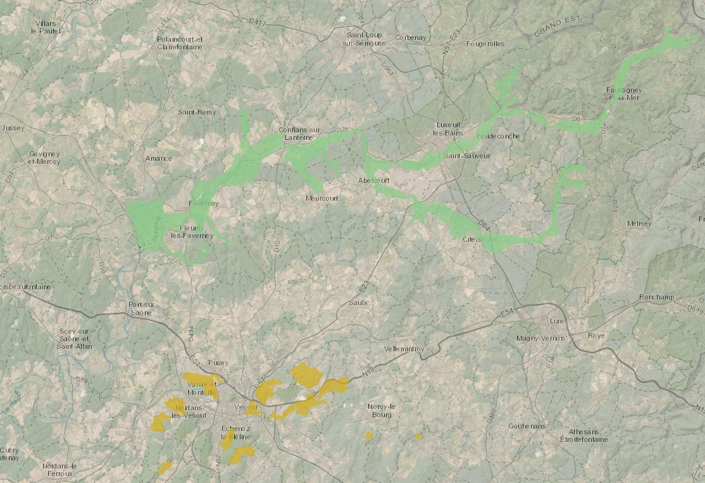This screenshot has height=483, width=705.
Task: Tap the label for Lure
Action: (558, 322)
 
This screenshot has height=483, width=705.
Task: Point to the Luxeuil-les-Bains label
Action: (449, 129)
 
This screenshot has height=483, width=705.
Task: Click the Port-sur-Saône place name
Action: (145, 308)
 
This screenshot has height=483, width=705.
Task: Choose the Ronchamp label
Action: (656, 297)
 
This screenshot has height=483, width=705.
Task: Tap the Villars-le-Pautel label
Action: (47, 27)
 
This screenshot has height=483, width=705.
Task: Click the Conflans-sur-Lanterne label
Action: (300, 134)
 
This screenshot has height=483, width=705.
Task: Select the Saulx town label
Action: (358, 303)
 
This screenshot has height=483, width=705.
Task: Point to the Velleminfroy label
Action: (404, 349)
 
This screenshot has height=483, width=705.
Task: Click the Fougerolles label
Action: (485, 44)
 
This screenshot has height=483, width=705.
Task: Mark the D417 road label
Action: (257, 22)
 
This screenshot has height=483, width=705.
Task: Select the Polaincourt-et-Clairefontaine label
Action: (180, 43)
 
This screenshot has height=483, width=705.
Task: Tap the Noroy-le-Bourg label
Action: (382, 410)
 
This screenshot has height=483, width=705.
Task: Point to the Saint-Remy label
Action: (197, 112)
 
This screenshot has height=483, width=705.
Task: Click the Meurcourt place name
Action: (321, 198)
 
